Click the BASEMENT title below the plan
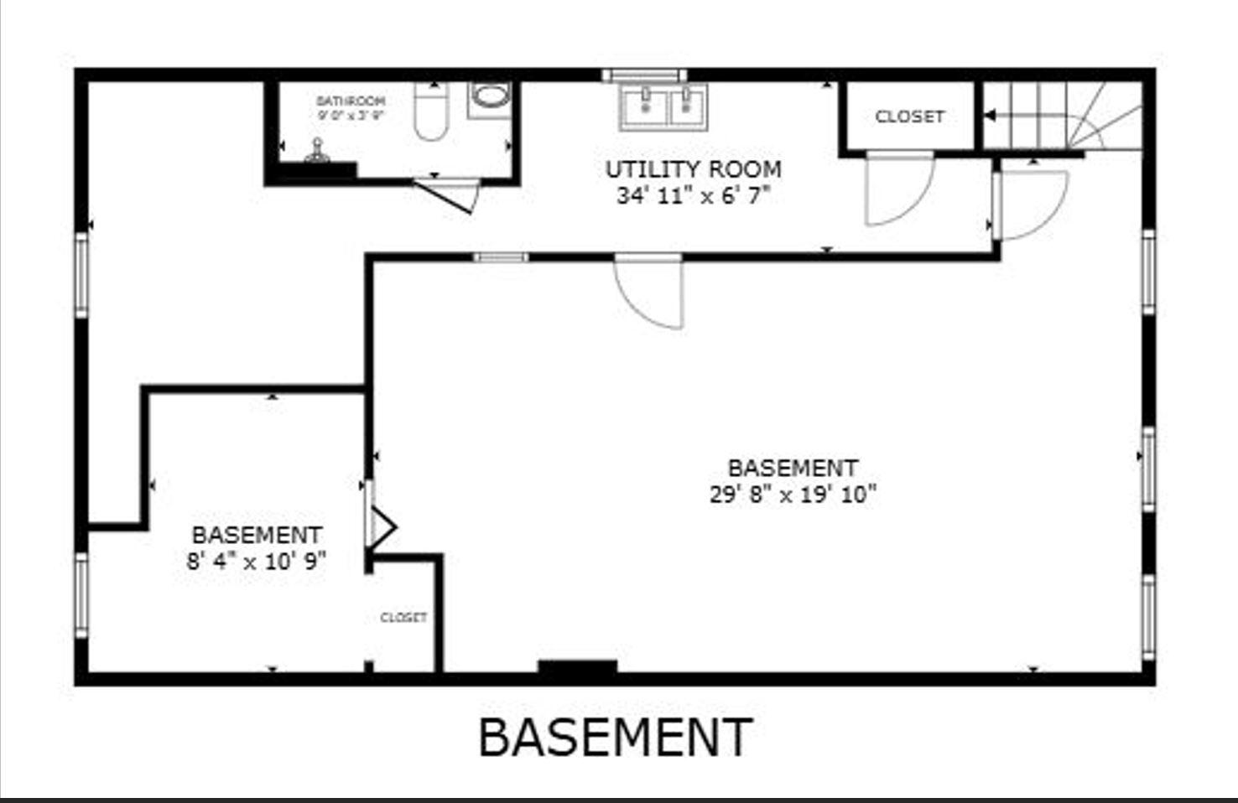click(x=615, y=738)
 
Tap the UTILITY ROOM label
click(x=693, y=169)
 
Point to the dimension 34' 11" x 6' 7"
click(x=693, y=196)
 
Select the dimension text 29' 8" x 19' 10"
click(x=793, y=495)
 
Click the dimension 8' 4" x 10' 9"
click(x=256, y=562)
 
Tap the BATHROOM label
click(x=351, y=101)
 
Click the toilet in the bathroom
click(x=431, y=114)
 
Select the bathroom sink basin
click(x=490, y=96)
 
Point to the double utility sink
click(x=663, y=106)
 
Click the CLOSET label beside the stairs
click(x=909, y=117)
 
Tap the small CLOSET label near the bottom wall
click(x=403, y=618)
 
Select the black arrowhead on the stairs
click(x=990, y=116)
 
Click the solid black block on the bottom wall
click(x=577, y=667)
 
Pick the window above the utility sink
click(x=644, y=75)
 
